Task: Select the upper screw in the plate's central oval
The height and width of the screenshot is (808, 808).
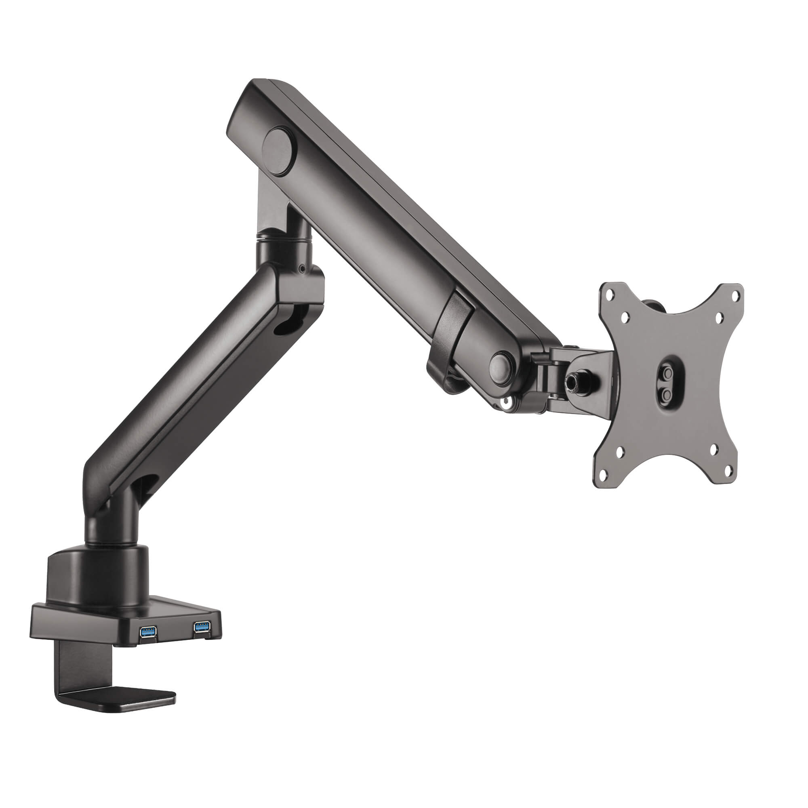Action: (666, 371)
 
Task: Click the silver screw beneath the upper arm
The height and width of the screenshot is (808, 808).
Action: (507, 402)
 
